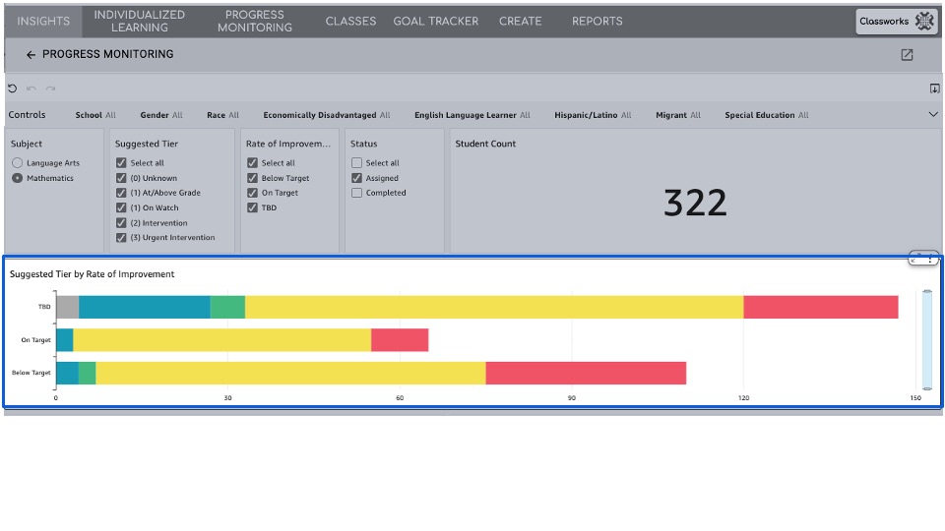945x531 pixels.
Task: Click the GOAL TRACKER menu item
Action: [435, 21]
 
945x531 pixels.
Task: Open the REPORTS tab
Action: [597, 21]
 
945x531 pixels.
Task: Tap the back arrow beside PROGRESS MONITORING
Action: [31, 55]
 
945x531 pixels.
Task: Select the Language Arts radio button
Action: [18, 163]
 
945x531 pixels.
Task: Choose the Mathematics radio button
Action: [18, 178]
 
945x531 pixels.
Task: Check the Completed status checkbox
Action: [356, 193]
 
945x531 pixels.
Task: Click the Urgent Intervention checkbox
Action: [121, 237]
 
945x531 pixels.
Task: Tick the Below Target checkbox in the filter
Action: [252, 178]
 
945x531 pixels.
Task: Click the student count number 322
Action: [695, 203]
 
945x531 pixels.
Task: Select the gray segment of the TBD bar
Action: [67, 307]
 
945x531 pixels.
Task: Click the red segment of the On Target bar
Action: [400, 340]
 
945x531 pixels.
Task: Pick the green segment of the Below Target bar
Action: [88, 373]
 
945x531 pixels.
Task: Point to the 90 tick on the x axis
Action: [572, 398]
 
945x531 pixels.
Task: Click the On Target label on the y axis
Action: [35, 340]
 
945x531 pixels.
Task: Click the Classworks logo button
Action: [896, 22]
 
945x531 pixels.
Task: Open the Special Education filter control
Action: [766, 115]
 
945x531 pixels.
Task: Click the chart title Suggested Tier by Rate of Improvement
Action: [93, 274]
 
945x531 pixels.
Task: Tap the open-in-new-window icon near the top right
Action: [907, 55]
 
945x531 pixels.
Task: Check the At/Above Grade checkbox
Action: [121, 193]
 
